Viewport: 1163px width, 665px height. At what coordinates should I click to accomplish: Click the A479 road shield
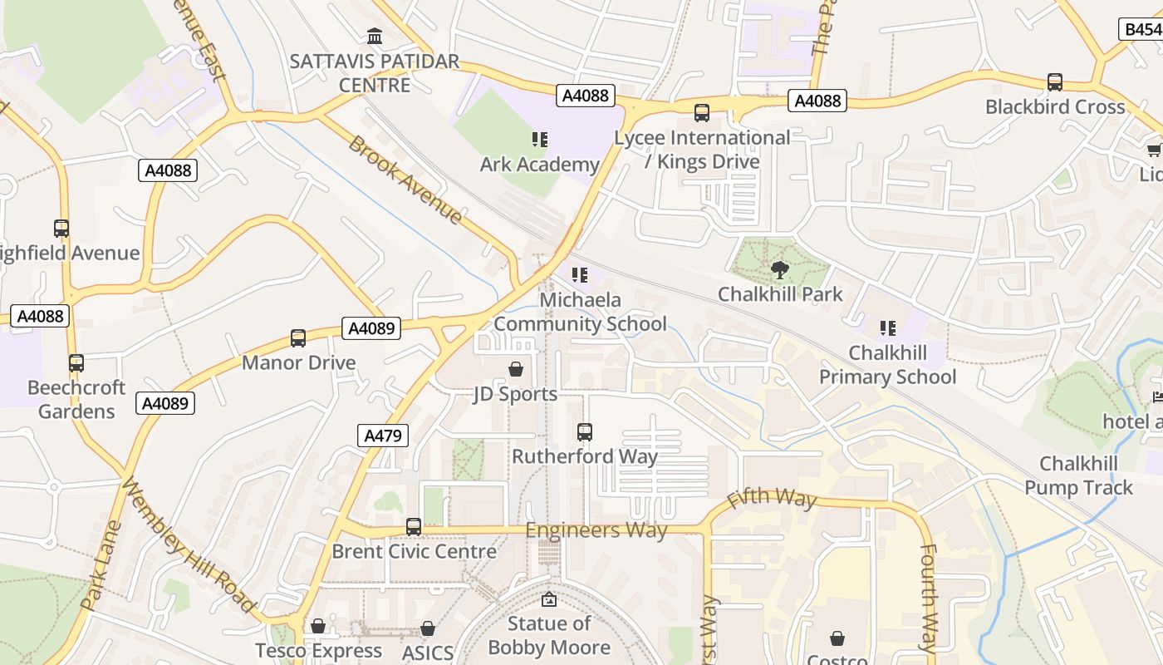point(383,435)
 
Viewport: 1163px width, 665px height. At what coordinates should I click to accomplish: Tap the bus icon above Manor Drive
point(298,338)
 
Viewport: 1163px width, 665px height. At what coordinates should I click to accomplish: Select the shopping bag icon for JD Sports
point(516,368)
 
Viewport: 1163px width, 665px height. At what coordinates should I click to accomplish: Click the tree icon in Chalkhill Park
point(779,269)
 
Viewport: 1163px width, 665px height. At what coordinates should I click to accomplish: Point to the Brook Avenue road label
point(405,180)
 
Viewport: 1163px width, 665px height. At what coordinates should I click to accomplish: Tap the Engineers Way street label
point(596,530)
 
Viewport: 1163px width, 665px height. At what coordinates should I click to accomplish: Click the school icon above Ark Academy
point(539,140)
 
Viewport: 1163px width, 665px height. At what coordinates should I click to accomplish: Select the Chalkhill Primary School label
point(887,366)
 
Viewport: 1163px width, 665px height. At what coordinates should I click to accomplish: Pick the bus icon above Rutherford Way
point(585,432)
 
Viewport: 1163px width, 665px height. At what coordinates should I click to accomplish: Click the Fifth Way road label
point(772,498)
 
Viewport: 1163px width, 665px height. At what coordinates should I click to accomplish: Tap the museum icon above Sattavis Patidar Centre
point(375,37)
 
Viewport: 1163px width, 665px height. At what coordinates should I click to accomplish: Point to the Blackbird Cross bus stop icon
point(1055,82)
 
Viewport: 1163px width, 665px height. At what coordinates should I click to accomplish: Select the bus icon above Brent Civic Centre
point(414,527)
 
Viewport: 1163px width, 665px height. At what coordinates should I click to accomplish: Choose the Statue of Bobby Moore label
point(549,635)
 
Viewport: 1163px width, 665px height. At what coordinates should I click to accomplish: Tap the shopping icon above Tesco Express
point(318,626)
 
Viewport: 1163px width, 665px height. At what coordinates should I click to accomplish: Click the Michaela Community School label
point(580,312)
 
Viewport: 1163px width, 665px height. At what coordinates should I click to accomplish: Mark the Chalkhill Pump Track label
point(1078,475)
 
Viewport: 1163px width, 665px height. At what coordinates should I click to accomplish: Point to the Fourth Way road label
point(929,597)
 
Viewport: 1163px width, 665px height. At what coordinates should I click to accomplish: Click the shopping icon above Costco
point(837,638)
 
